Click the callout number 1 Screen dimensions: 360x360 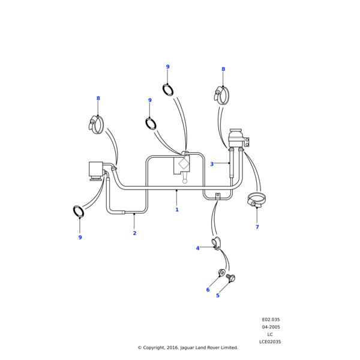pyautogui.click(x=177, y=210)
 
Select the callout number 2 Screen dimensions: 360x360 pyautogui.click(x=134, y=233)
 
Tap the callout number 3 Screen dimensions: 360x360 pyautogui.click(x=212, y=164)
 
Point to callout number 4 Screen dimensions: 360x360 pyautogui.click(x=197, y=248)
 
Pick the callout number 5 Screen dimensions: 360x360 pyautogui.click(x=218, y=295)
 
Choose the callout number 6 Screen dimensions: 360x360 pyautogui.click(x=208, y=290)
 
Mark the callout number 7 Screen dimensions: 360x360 pyautogui.click(x=257, y=227)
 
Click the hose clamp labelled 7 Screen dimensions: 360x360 pyautogui.click(x=257, y=199)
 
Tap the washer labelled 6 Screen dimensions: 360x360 pyautogui.click(x=221, y=273)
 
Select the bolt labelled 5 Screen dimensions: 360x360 pyautogui.click(x=231, y=278)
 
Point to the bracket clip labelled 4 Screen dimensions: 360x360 pyautogui.click(x=216, y=243)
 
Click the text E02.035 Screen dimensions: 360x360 pyautogui.click(x=271, y=320)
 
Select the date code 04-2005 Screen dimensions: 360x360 pyautogui.click(x=271, y=327)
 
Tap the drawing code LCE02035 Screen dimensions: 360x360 pyautogui.click(x=270, y=342)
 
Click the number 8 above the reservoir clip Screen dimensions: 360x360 pyautogui.click(x=223, y=69)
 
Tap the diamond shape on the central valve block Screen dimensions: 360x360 pyautogui.click(x=184, y=163)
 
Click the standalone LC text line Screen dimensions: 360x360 pyautogui.click(x=270, y=334)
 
